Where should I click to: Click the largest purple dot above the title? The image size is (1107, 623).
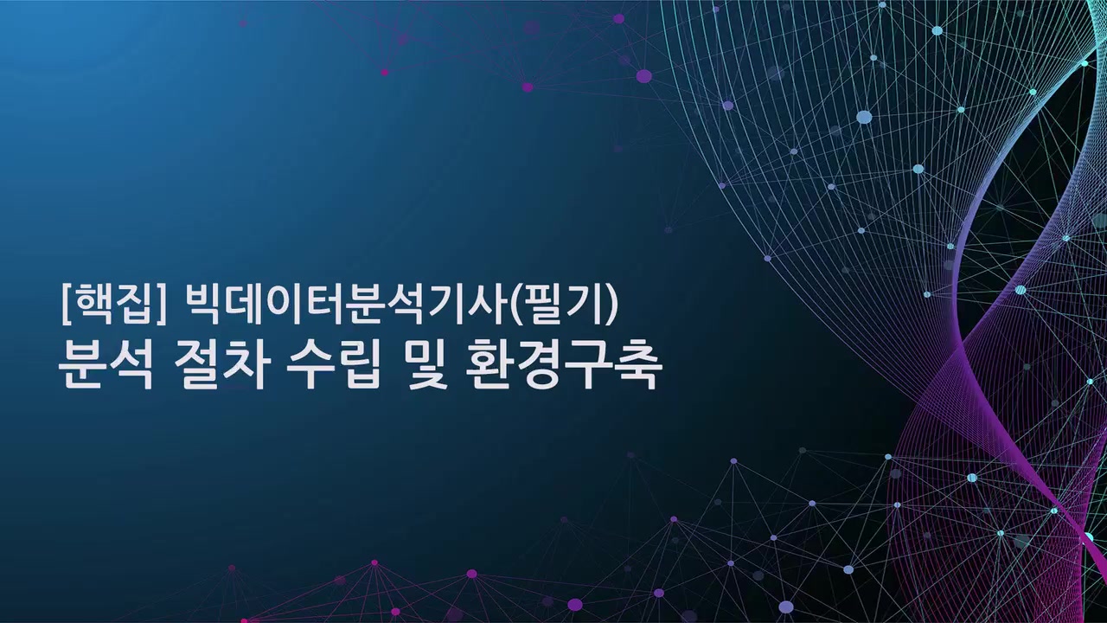click(643, 76)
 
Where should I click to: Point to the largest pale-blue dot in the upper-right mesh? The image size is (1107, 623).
click(864, 117)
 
